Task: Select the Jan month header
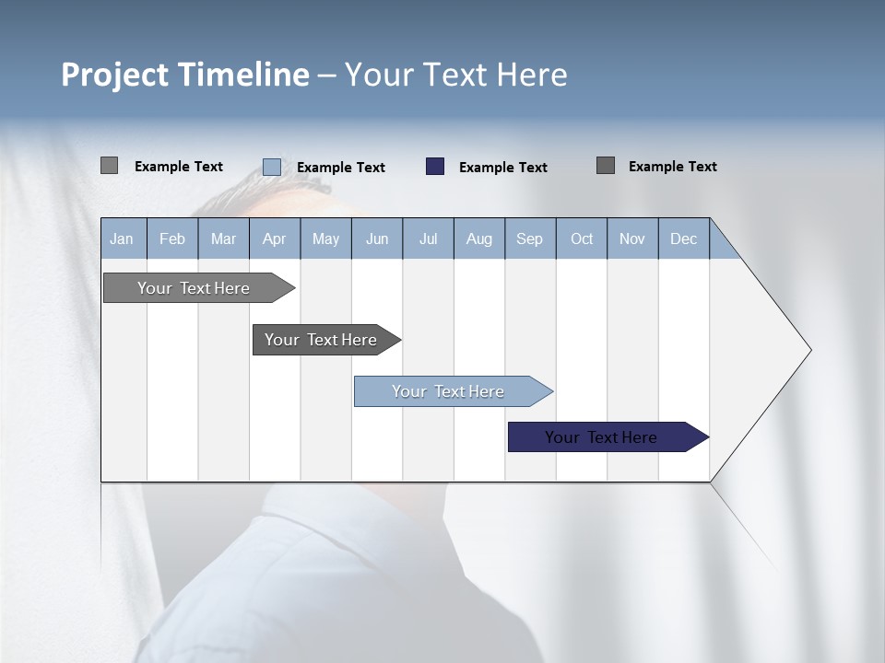122,238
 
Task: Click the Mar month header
223,238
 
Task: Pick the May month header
325,238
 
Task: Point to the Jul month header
428,238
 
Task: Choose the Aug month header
478,238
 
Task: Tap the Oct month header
582,238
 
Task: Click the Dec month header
683,238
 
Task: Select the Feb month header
172,238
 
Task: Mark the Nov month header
632,238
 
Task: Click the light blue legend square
272,167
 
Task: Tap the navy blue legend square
435,167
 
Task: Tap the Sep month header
529,238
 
